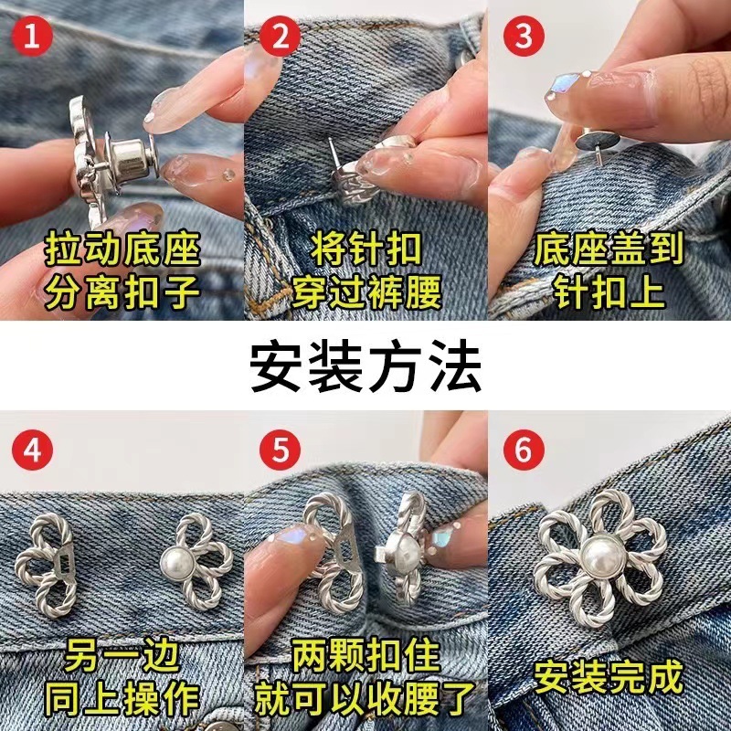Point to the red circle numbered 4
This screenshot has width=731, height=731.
tap(35, 450)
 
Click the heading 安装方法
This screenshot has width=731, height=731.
tap(365, 365)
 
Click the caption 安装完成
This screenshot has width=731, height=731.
tap(609, 677)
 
